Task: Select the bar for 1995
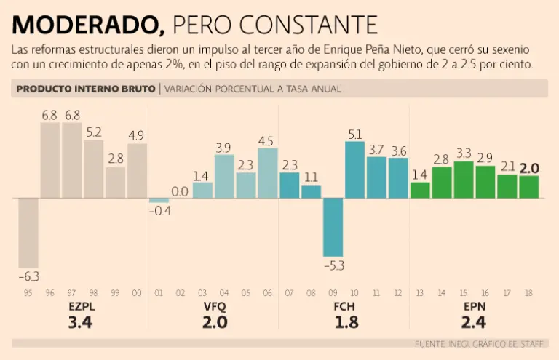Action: tap(28, 233)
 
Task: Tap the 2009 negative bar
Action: tap(333, 227)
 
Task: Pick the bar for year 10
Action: tap(355, 169)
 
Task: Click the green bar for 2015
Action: tap(464, 179)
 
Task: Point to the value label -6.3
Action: tap(28, 277)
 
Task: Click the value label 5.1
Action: tap(355, 134)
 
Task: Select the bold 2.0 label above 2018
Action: tap(529, 167)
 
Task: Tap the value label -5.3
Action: tap(333, 265)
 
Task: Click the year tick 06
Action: tap(268, 294)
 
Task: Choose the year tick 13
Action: tap(420, 294)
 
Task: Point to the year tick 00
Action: tap(138, 294)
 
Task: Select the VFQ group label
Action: tap(215, 307)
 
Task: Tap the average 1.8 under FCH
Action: tap(346, 322)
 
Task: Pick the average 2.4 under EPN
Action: tap(474, 322)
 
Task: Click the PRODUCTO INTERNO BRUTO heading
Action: tap(86, 89)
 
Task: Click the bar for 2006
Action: tap(268, 172)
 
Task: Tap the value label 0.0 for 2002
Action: tap(181, 191)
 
